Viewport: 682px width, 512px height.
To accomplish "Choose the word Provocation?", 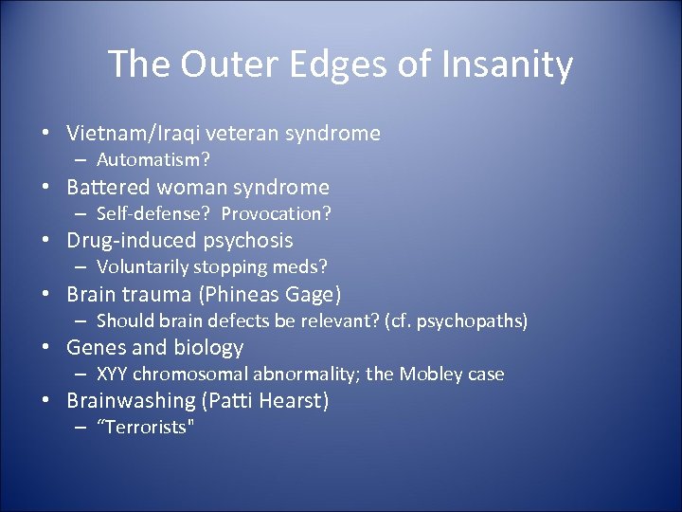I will (276, 213).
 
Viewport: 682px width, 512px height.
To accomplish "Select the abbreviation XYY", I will (114, 374).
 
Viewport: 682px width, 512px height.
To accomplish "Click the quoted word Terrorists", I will (146, 427).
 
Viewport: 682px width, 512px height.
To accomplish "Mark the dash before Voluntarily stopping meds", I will (82, 267).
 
